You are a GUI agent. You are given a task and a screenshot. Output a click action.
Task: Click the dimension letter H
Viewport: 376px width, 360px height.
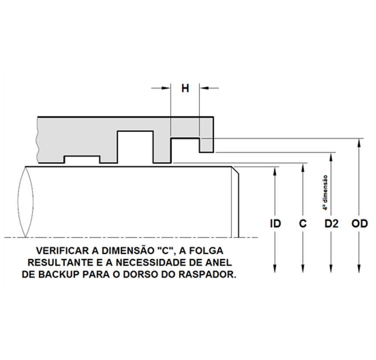185,88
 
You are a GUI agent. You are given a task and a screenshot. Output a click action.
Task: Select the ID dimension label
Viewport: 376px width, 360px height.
275,224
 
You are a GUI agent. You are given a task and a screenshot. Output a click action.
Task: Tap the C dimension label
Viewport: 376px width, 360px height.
303,224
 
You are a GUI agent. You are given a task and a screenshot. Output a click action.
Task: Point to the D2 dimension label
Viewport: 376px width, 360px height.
332,224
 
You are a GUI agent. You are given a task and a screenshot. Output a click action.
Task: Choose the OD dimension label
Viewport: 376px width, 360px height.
359,224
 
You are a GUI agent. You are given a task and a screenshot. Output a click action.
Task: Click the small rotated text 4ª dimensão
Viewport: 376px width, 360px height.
325,193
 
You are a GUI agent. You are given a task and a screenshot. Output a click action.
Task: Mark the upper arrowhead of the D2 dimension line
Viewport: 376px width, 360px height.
331,156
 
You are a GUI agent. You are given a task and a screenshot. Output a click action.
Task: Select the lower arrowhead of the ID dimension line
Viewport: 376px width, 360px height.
275,269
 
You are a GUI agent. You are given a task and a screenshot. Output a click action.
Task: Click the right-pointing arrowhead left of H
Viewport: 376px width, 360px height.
166,88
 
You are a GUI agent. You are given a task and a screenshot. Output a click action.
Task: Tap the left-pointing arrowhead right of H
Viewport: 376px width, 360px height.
204,88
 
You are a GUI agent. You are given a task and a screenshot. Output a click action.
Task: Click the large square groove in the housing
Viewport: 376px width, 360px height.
135,147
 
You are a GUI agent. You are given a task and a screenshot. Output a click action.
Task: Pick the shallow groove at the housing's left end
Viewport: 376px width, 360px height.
82,159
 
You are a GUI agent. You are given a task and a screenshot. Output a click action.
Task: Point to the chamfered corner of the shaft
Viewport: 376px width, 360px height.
235,170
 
